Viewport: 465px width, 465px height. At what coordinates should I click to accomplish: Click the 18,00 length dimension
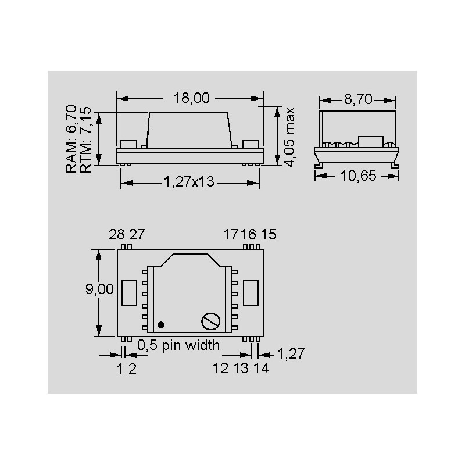pos(192,98)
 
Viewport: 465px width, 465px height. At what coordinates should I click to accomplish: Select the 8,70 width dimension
pos(358,99)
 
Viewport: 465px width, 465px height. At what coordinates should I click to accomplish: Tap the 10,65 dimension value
pos(358,176)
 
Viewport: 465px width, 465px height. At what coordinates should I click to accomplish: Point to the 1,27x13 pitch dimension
pos(189,182)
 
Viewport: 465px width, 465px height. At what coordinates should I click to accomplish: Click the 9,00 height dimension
pos(99,289)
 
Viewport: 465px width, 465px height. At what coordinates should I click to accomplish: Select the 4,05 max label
pos(288,137)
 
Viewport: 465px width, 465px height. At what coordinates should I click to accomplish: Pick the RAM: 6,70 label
pos(71,139)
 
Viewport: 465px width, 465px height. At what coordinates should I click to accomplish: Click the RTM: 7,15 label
pos(85,139)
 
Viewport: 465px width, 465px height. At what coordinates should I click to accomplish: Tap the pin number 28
pos(117,235)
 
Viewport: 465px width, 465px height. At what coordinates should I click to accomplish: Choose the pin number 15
pos(269,234)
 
